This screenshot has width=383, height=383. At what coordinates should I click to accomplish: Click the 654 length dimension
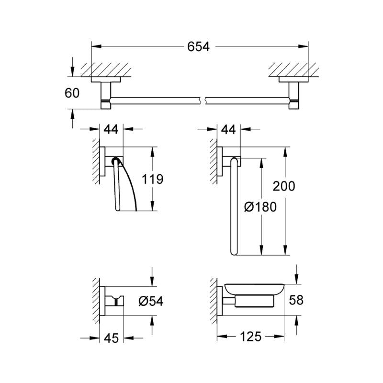[x=199, y=46]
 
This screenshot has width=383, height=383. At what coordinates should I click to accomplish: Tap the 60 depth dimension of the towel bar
[x=72, y=93]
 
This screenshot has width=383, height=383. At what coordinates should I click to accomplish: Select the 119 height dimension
[x=153, y=180]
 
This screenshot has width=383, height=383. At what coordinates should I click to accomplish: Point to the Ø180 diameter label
[x=260, y=207]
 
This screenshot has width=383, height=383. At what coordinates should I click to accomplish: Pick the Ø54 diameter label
[x=150, y=301]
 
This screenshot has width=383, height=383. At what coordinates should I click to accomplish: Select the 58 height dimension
[x=297, y=300]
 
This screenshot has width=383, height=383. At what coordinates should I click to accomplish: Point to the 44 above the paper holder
[x=112, y=129]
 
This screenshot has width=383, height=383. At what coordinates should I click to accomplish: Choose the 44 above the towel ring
[x=229, y=129]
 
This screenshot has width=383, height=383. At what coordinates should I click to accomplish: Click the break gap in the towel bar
[x=203, y=101]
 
